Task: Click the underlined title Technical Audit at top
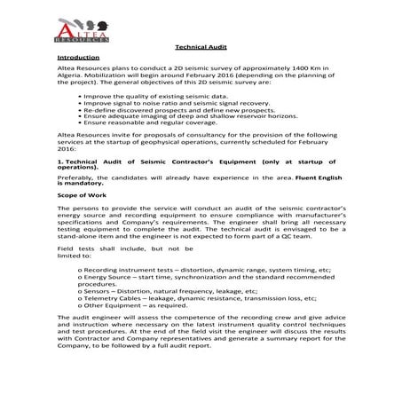(201, 51)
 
